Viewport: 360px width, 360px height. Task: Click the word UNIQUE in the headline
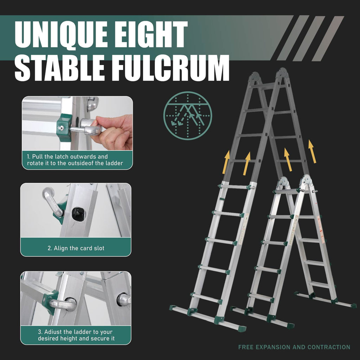[61, 34]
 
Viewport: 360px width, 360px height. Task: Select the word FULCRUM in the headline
[171, 68]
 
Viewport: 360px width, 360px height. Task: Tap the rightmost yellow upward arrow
[312, 152]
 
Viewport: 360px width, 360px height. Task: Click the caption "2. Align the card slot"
[76, 248]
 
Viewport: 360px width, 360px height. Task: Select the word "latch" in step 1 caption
[62, 156]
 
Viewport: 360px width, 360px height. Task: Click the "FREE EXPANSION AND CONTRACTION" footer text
[294, 347]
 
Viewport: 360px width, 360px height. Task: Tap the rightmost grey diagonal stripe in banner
[328, 38]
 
